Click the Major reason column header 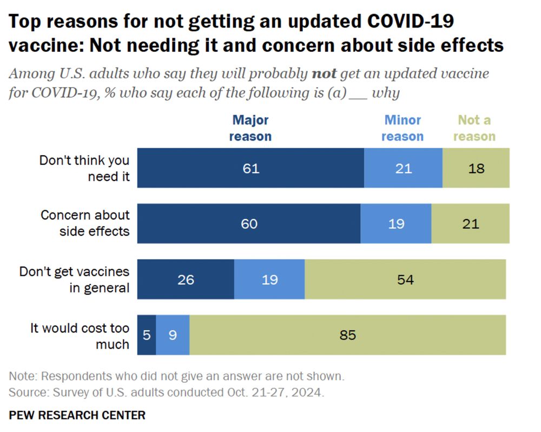[250, 128]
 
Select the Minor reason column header [402, 128]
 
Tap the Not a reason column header [474, 128]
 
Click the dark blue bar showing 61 [250, 168]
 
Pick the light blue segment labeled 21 [403, 168]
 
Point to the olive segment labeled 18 [476, 168]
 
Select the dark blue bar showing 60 [249, 223]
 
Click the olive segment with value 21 [470, 223]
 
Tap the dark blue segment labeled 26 [186, 280]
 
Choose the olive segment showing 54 [405, 280]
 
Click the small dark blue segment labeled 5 [147, 335]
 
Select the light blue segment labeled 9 [173, 335]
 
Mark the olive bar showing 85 [347, 335]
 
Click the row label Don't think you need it [84, 168]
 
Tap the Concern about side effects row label [85, 223]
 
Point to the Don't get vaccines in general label [75, 280]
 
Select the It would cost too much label [80, 336]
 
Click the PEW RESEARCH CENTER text [77, 415]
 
